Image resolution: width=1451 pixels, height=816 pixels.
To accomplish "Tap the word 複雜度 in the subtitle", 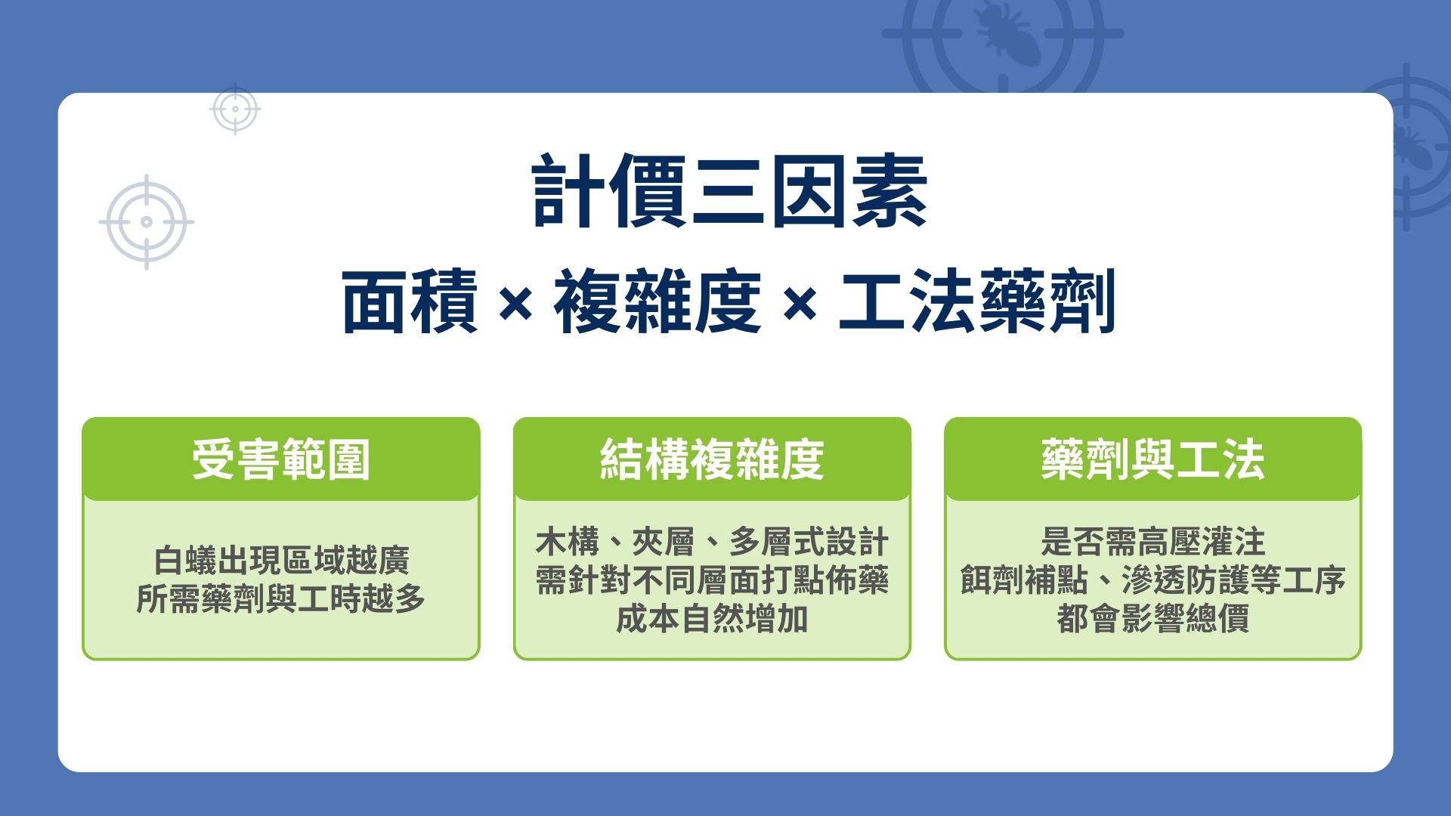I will [x=657, y=302].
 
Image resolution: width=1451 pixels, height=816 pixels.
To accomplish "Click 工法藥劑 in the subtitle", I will [x=977, y=302].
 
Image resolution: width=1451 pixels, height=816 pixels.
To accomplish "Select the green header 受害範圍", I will [x=280, y=459].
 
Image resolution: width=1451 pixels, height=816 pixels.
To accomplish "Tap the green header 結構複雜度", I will [x=711, y=459].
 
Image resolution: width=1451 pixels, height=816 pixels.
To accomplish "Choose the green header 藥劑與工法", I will [x=1152, y=459].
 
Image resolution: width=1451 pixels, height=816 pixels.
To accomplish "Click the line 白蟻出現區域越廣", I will [x=281, y=561].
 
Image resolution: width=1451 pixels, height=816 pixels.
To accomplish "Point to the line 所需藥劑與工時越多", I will [x=281, y=599].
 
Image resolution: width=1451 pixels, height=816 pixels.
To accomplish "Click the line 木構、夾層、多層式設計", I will [x=711, y=542].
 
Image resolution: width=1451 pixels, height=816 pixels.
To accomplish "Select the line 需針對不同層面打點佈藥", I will [x=711, y=580].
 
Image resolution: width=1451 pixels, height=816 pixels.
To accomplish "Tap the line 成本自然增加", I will [x=711, y=619].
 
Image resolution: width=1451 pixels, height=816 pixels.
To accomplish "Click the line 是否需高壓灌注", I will [x=1152, y=542].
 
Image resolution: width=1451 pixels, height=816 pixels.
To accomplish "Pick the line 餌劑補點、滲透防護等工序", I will [x=1152, y=580].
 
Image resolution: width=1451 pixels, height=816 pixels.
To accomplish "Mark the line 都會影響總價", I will [x=1152, y=619].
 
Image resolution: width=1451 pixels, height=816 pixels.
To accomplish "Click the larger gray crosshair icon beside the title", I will [x=147, y=222].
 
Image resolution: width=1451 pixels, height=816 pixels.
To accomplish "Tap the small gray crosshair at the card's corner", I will [x=235, y=109].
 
